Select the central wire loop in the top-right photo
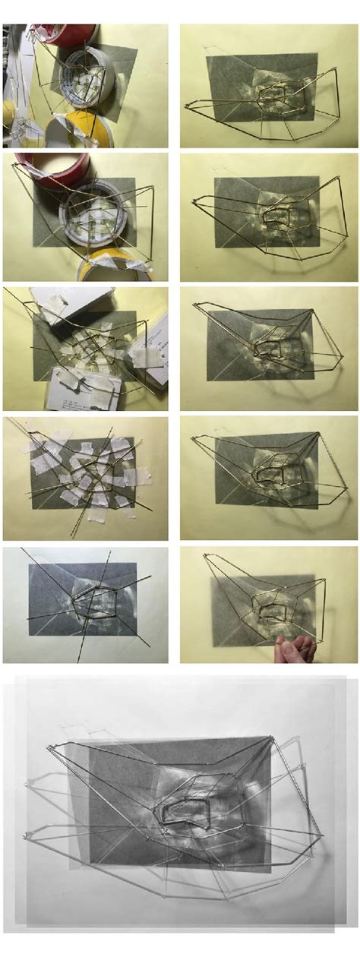pyautogui.click(x=274, y=96)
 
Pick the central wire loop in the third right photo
pyautogui.click(x=274, y=349)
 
